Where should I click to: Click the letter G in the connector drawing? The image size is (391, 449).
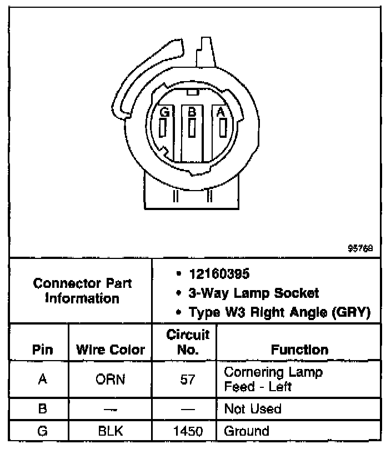click(x=164, y=112)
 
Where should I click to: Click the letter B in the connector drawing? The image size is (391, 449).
click(x=192, y=112)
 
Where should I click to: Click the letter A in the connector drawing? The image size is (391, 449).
click(x=220, y=112)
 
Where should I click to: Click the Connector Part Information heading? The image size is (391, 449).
click(x=82, y=291)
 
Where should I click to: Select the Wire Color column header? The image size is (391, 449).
click(x=110, y=350)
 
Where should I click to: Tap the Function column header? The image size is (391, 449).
click(x=299, y=350)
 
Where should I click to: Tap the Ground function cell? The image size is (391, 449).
click(x=246, y=431)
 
